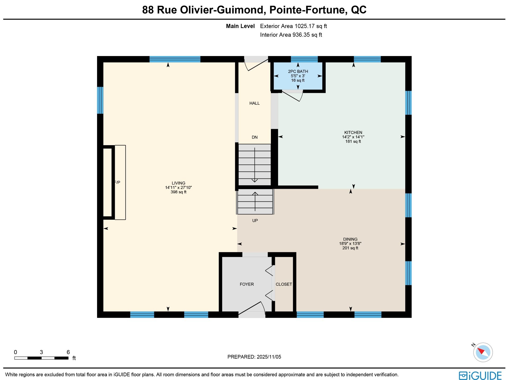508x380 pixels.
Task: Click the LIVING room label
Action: coord(178,183)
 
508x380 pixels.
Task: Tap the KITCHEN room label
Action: coord(353,132)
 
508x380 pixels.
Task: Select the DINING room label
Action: coord(350,239)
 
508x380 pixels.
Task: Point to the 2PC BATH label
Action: coord(298,71)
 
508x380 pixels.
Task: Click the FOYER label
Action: coord(247,284)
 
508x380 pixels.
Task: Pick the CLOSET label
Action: coord(284,284)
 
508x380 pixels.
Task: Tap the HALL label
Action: coord(254,103)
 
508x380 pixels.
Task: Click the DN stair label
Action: coord(255,137)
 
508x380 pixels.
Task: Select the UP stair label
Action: coord(255,221)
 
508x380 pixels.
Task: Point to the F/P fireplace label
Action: coord(117,182)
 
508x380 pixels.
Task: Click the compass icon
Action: coord(483,352)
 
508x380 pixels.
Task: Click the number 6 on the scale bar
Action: coord(68,352)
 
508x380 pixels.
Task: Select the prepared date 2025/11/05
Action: coord(269,357)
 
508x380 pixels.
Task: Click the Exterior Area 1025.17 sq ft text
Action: coord(293,26)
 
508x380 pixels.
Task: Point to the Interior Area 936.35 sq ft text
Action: coord(291,35)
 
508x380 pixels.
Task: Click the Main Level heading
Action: coord(240,26)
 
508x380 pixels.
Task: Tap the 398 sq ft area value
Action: coord(178,192)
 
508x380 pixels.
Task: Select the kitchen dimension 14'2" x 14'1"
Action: coord(353,137)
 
